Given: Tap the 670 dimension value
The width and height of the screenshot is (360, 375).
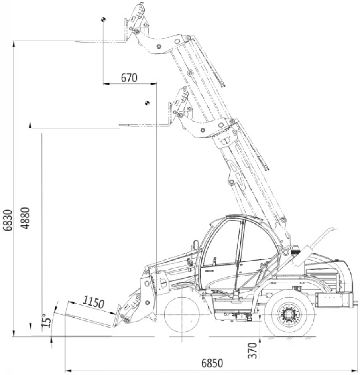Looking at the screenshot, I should tap(129, 78).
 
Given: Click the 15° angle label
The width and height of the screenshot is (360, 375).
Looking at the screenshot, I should tap(46, 321).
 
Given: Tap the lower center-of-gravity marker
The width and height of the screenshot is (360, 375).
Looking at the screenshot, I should tap(147, 103).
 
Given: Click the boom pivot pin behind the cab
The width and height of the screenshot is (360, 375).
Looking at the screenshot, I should tap(286, 252).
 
